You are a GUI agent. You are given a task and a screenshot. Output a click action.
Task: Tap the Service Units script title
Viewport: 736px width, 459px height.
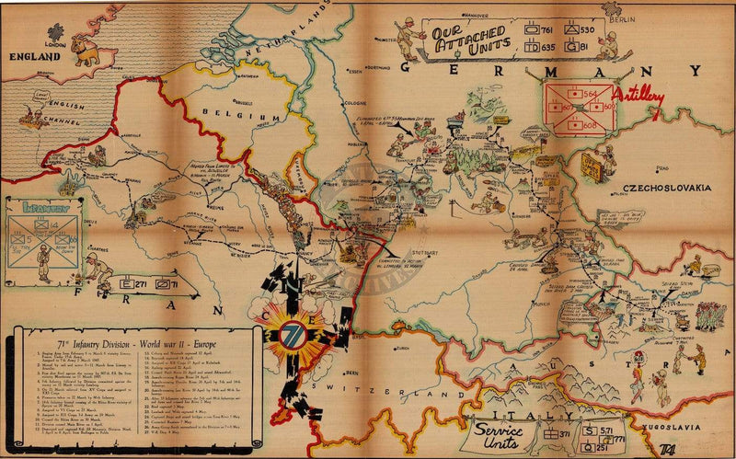click(x=500, y=436)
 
